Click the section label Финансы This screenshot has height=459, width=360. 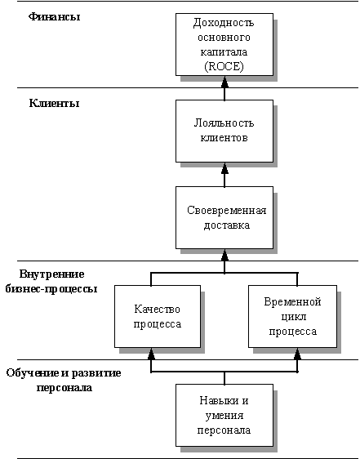tap(54, 16)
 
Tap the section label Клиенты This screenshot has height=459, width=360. tap(54, 104)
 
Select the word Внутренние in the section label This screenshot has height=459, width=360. tap(51, 274)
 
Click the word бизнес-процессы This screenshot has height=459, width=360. tap(51, 289)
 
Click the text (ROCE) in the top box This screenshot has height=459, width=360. tap(224, 67)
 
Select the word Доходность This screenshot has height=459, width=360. tap(224, 23)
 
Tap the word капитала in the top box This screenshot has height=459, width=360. tap(224, 52)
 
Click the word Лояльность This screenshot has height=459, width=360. tap(224, 123)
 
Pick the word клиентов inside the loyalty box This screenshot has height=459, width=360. tap(224, 137)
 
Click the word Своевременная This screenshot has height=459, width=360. tap(227, 211)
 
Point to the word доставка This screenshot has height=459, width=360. tap(227, 225)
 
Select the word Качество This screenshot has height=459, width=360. tap(158, 309)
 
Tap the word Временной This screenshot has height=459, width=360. tap(293, 302)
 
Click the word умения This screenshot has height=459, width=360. tap(224, 416)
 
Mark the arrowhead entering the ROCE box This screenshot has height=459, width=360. tap(224, 82)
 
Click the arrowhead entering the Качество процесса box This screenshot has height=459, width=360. tap(151, 354)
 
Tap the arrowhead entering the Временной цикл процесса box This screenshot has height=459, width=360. tap(297, 354)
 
